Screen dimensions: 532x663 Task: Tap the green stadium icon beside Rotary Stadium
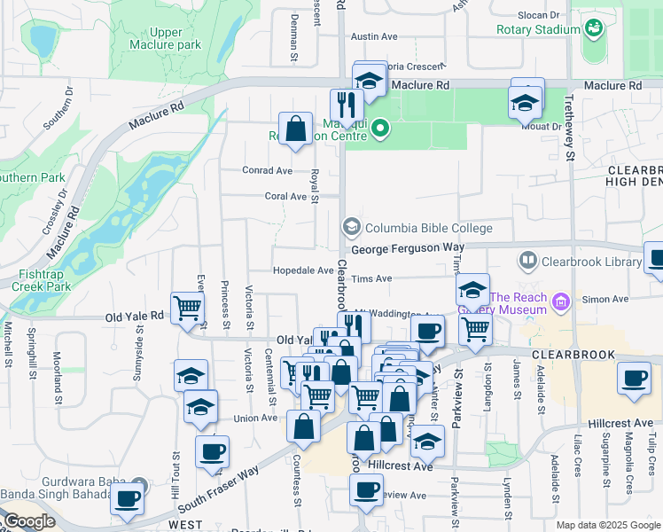click(x=592, y=29)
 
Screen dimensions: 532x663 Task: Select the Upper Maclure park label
click(x=165, y=37)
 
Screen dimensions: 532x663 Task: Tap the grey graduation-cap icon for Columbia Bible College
click(x=352, y=228)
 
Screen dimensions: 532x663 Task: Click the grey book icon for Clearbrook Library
click(x=528, y=261)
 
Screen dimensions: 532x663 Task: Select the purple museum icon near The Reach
click(x=560, y=303)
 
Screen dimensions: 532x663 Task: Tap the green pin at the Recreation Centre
click(x=380, y=129)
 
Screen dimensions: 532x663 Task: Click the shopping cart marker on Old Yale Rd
click(x=188, y=309)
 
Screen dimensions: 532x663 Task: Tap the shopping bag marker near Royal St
click(x=295, y=127)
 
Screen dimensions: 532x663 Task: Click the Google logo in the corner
click(x=28, y=521)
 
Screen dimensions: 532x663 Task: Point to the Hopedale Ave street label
click(x=303, y=270)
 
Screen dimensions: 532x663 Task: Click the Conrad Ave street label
click(x=268, y=170)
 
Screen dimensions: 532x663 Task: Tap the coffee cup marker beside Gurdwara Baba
click(x=127, y=498)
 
